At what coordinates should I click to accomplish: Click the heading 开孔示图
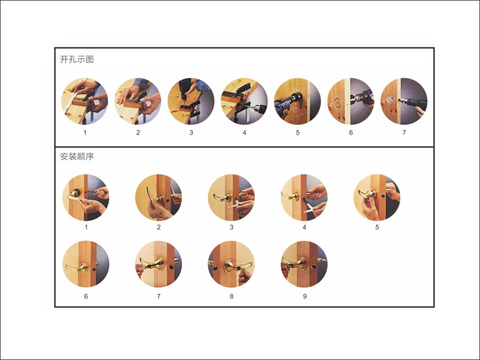click(77, 59)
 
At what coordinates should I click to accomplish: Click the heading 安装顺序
click(77, 157)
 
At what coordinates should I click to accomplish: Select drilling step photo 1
click(85, 101)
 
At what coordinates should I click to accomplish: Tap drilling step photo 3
click(191, 101)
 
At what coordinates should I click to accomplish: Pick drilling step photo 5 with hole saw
click(298, 101)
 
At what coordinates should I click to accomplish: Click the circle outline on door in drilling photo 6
click(337, 103)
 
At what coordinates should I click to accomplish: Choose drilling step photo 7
click(404, 101)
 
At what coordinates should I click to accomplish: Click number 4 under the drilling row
click(244, 133)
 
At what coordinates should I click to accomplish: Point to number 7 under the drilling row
click(404, 133)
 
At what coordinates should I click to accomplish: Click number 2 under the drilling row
click(138, 133)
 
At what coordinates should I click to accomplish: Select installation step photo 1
click(86, 197)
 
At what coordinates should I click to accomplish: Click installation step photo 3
click(232, 197)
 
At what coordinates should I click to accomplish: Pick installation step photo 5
click(377, 197)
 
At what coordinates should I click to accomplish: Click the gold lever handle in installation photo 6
click(77, 268)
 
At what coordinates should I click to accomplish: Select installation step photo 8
click(232, 265)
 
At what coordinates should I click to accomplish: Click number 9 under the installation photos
click(305, 296)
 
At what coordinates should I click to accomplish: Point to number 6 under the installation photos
click(86, 296)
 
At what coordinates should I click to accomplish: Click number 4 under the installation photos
click(304, 227)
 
